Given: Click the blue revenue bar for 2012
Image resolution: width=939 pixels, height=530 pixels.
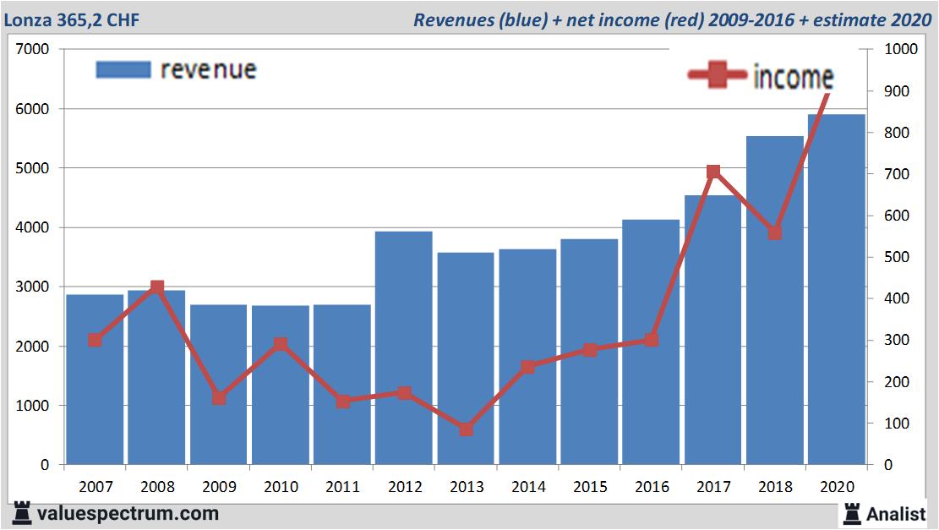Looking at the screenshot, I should pos(404,347).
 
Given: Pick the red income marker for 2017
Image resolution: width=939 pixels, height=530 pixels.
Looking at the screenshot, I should pos(713,172).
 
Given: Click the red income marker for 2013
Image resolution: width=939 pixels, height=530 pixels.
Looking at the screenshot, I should pos(466,429).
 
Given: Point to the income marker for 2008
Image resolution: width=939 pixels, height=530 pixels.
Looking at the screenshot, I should pos(156,287).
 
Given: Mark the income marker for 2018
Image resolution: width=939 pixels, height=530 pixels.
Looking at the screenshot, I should pos(774,232).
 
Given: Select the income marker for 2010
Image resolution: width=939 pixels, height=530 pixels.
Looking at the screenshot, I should pos(281,344).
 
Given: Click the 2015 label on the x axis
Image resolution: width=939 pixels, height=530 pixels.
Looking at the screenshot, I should pos(589,488).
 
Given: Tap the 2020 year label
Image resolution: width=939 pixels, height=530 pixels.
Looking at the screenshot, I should pos(837,488).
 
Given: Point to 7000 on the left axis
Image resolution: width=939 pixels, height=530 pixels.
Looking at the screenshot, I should pos(33,50).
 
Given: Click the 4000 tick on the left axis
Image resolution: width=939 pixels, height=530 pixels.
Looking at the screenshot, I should pos(33,228).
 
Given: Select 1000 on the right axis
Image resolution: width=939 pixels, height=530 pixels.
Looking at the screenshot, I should pos(900,50).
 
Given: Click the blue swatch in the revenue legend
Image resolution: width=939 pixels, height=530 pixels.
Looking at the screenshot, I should pos(123,69).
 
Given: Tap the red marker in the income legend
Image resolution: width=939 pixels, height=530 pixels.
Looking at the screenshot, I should pos(718,76).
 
